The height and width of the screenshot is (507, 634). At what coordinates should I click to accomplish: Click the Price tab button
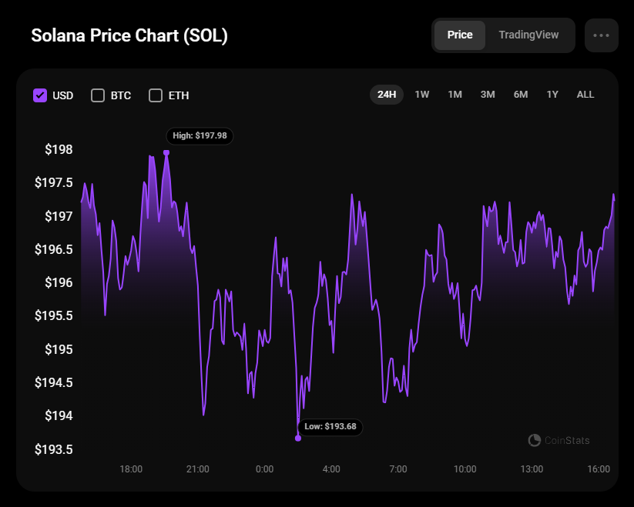[x=460, y=35]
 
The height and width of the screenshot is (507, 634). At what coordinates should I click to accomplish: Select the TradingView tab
[x=528, y=35]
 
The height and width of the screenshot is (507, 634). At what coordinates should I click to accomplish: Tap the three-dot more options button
[x=602, y=35]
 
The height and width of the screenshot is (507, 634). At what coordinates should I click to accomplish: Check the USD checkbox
[x=41, y=95]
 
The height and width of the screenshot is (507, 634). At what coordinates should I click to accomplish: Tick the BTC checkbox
[x=98, y=95]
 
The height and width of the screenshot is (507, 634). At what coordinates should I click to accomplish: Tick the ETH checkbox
[x=156, y=95]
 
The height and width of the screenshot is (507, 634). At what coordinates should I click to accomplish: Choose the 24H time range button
[x=387, y=95]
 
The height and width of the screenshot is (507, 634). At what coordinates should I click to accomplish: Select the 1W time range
[x=422, y=95]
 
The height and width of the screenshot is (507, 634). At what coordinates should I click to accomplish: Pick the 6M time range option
[x=521, y=95]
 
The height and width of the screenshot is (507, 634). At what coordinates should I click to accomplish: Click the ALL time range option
[x=585, y=95]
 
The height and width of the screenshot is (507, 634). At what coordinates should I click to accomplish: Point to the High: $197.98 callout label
[x=200, y=135]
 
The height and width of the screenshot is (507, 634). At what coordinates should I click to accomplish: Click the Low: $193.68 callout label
[x=330, y=426]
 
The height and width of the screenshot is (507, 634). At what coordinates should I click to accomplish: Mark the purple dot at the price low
[x=298, y=439]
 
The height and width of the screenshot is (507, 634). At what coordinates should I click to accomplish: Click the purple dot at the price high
[x=166, y=152]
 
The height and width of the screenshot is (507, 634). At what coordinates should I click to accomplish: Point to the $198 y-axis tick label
[x=59, y=149]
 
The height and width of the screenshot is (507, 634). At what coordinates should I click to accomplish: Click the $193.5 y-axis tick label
[x=54, y=449]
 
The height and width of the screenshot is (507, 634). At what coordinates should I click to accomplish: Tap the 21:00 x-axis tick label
[x=197, y=469]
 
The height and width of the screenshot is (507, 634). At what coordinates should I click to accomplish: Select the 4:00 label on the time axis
[x=331, y=469]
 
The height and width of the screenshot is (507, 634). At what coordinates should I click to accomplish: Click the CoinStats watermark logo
[x=559, y=440]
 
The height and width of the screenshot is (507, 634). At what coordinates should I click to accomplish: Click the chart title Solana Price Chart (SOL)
[x=129, y=36]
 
